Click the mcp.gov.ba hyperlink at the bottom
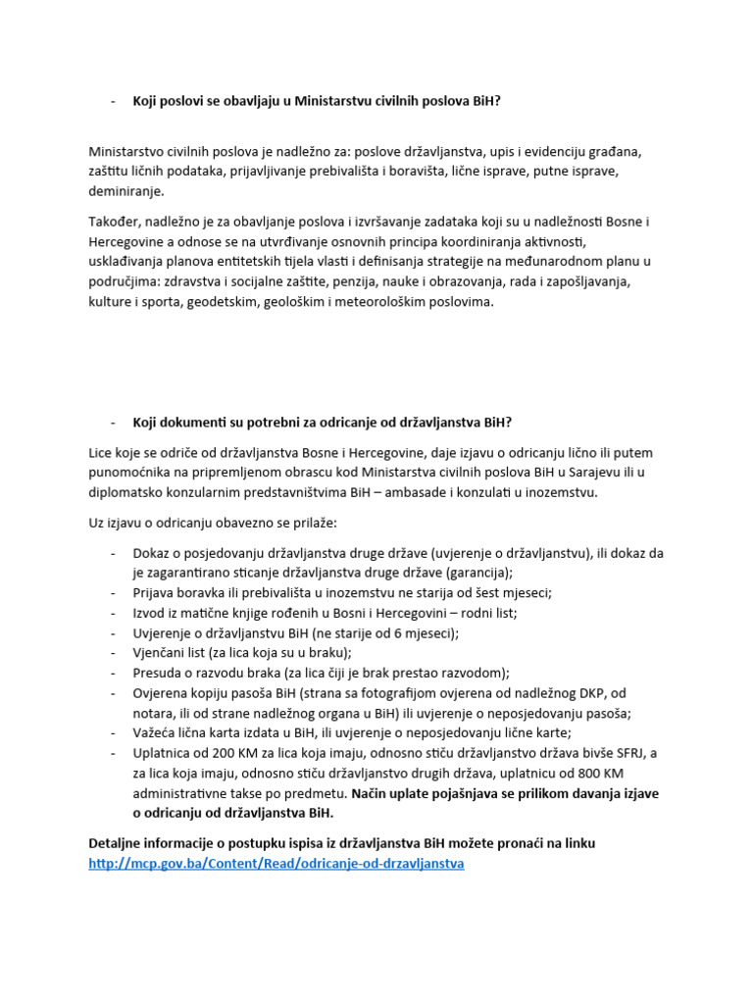276,864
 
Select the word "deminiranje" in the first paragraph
127,191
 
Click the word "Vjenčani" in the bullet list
160,653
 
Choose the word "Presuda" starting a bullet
158,673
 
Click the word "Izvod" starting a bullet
150,613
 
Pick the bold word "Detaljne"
116,843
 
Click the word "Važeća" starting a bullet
156,732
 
